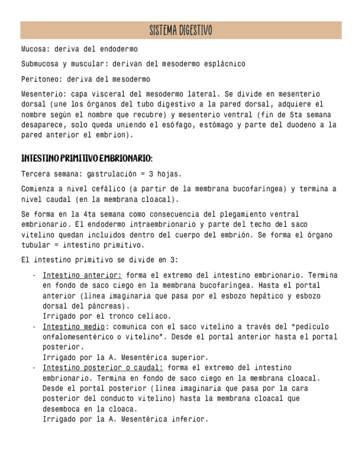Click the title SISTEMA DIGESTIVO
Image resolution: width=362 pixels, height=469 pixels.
(181, 30)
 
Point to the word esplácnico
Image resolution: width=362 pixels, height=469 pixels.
(224, 65)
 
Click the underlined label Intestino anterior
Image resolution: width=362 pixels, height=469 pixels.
(82, 275)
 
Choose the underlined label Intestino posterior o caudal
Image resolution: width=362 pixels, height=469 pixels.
(103, 368)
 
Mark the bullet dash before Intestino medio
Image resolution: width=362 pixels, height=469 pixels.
(34, 327)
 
